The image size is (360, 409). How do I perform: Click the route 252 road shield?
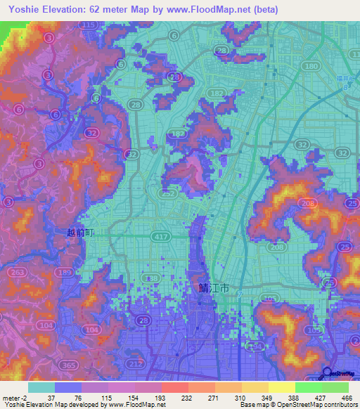tap(168, 193)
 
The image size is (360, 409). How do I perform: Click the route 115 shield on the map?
tap(88, 25)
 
